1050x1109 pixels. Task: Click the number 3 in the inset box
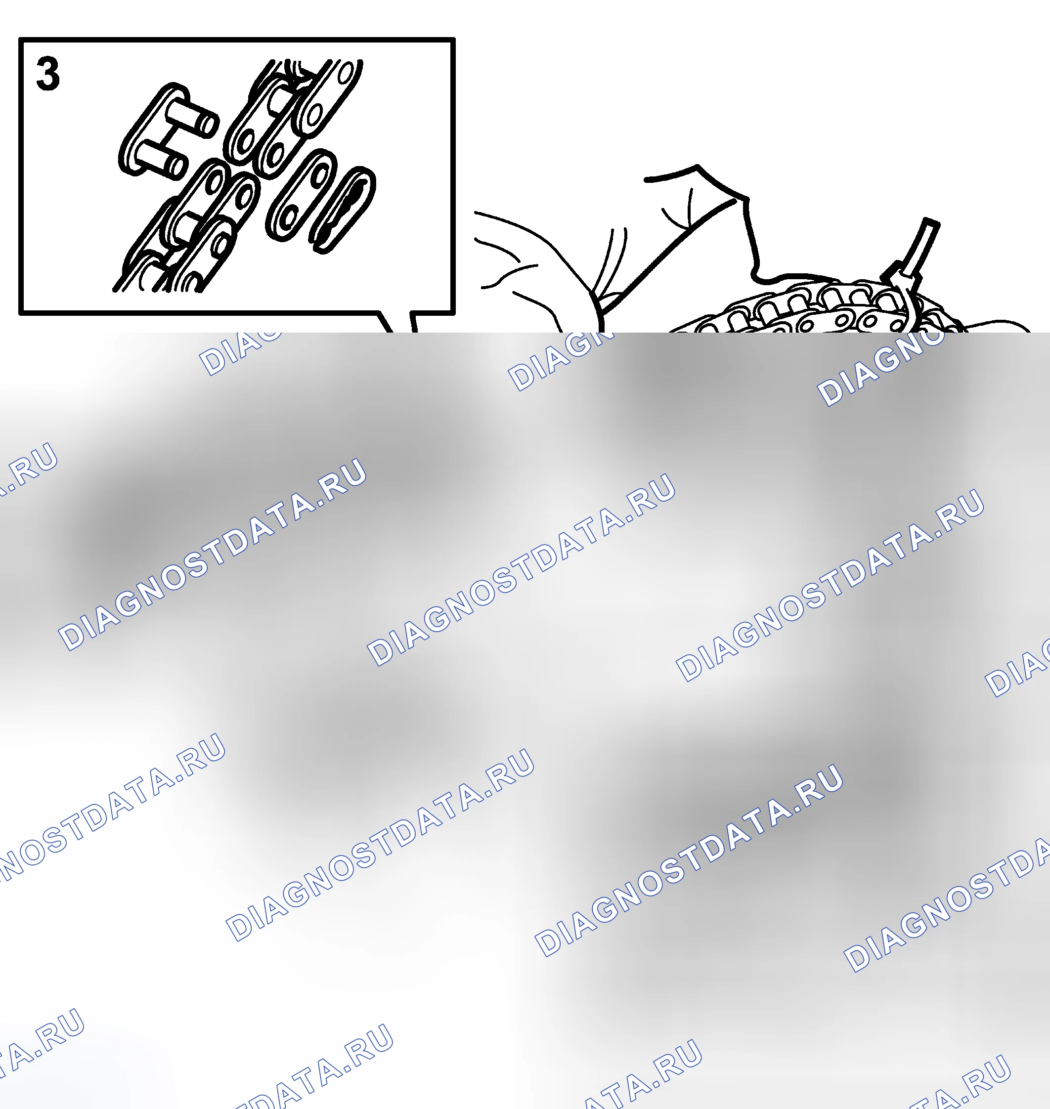point(47,75)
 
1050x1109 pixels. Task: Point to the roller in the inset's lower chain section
point(186,225)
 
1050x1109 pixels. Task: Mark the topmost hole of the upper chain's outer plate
point(347,73)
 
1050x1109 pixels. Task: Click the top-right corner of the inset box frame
point(453,40)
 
